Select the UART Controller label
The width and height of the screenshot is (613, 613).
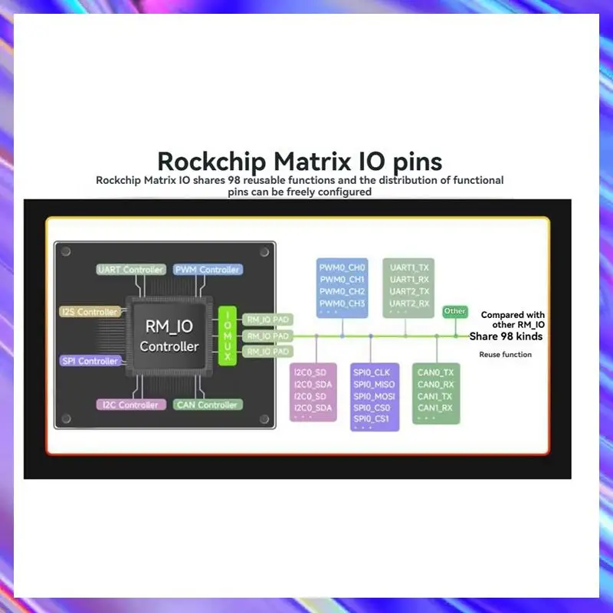(131, 270)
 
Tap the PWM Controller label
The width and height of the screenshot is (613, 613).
(208, 270)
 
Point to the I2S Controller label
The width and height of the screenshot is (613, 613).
(89, 312)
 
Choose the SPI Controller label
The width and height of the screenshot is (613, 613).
(89, 361)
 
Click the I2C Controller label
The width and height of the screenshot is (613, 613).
(129, 405)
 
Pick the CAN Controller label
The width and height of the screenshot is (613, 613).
(208, 405)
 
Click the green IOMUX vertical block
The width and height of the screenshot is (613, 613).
(228, 336)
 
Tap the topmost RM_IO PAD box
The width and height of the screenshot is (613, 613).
(267, 319)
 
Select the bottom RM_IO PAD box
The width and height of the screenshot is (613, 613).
(267, 352)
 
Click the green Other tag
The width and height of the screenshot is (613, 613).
(455, 311)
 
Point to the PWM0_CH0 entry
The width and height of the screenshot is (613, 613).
(343, 267)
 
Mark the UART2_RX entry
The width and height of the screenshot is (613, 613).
(409, 303)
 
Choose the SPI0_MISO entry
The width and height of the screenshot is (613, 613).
(374, 385)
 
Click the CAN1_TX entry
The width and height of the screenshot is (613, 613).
(435, 396)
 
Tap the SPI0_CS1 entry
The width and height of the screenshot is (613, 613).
(372, 419)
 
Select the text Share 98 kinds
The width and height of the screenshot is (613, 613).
(506, 336)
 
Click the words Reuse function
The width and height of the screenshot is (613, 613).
(505, 355)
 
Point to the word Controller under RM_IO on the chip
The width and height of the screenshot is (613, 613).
(169, 346)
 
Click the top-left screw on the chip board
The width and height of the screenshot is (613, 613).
(67, 251)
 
